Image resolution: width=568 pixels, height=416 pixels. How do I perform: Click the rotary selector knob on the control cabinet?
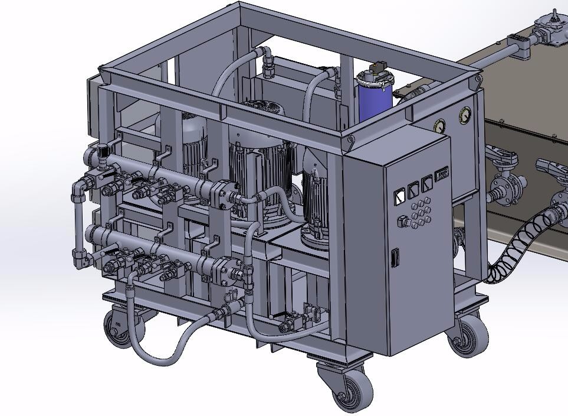point(404,221)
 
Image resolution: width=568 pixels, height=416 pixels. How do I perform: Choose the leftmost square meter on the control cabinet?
point(399,194)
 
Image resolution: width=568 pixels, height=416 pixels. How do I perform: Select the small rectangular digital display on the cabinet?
point(441,175)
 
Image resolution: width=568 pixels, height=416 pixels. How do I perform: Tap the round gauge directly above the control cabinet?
point(439,126)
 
